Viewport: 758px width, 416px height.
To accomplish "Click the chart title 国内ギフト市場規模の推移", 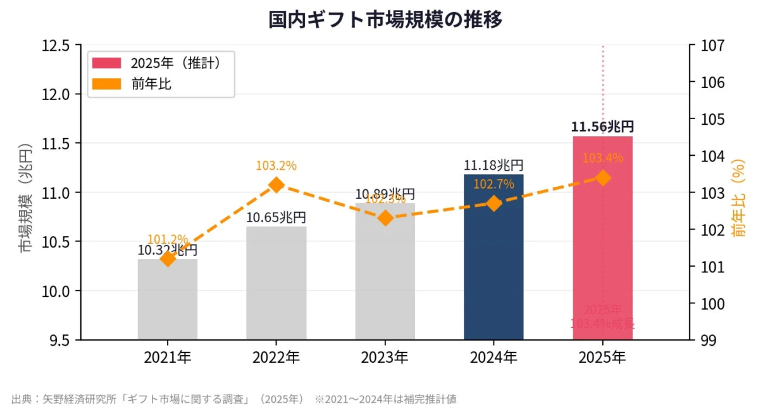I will point(385,20).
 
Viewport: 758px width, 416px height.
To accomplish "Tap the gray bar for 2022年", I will point(276,285).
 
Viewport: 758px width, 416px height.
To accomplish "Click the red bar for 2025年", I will point(602,253).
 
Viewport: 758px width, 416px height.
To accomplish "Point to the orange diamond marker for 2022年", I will point(276,185).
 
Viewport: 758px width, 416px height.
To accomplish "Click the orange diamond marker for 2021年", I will point(168,258).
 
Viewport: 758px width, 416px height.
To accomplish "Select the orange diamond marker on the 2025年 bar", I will point(603,178).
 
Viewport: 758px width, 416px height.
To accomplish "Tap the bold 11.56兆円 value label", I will point(602,127).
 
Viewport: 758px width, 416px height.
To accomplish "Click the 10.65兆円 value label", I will point(276,217).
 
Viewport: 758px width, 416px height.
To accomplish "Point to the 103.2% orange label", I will point(276,166).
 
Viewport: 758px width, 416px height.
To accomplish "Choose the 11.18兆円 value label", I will point(494,165).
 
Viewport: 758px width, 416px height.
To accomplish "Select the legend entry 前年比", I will point(151,84).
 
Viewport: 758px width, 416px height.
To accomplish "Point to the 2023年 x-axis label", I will point(385,358).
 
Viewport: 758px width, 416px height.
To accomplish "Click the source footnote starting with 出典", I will point(234,399).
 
